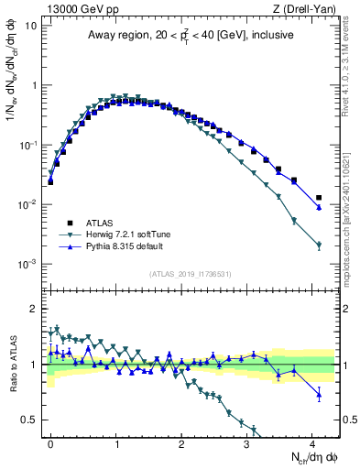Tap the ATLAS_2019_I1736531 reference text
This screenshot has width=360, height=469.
pyautogui.click(x=191, y=274)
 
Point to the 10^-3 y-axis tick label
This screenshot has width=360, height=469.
pyautogui.click(x=27, y=264)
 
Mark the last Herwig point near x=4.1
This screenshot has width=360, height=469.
pyautogui.click(x=319, y=245)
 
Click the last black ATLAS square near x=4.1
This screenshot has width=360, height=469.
pyautogui.click(x=319, y=198)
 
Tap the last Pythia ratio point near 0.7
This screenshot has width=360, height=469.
pyautogui.click(x=319, y=395)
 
